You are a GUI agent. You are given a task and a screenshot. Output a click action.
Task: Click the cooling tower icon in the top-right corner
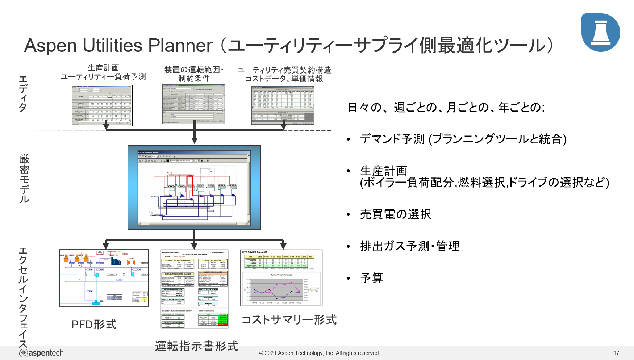(x=600, y=33)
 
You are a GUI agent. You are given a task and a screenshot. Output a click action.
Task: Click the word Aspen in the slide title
(x=50, y=46)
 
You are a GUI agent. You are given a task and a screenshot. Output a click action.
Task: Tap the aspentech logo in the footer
(x=41, y=353)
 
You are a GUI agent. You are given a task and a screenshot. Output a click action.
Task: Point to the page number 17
(x=616, y=353)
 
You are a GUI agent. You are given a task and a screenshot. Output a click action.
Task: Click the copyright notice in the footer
(x=319, y=353)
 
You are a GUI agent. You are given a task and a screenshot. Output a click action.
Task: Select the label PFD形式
(x=94, y=324)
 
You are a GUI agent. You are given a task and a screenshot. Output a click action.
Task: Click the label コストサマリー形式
(x=289, y=319)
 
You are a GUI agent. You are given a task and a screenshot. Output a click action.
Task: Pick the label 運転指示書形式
(x=196, y=346)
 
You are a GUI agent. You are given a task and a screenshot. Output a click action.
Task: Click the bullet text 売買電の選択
(x=396, y=214)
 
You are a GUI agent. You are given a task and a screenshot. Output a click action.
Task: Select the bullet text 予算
(x=372, y=278)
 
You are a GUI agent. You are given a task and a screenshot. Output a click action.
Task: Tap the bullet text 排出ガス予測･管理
(x=410, y=246)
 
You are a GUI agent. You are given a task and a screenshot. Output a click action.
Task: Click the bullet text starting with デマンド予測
(x=463, y=139)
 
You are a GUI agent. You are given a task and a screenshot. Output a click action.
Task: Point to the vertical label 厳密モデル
(x=24, y=178)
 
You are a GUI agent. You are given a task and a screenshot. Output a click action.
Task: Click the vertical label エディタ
(x=23, y=93)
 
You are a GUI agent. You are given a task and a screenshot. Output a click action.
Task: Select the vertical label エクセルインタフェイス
(x=23, y=297)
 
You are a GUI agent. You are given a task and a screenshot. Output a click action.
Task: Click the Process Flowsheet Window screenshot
(x=194, y=187)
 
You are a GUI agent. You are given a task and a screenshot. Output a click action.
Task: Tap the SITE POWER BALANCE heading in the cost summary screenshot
(x=255, y=252)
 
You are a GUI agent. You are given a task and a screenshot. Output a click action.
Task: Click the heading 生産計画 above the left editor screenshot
(x=103, y=68)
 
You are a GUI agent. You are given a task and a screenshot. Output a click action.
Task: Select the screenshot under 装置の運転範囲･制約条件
(x=193, y=104)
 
